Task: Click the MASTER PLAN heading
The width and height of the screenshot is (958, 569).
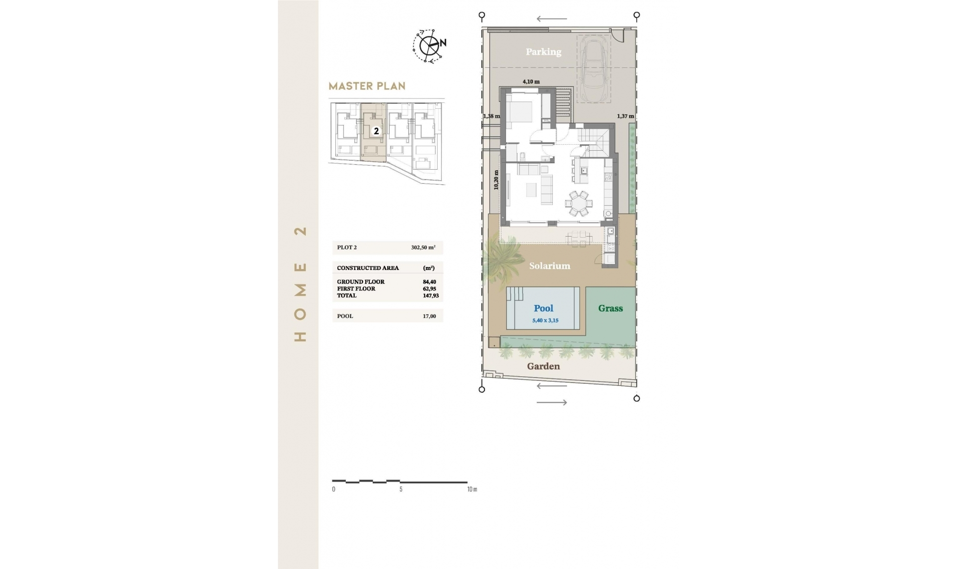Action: [x=367, y=86]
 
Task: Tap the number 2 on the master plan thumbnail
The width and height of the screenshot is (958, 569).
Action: [x=376, y=131]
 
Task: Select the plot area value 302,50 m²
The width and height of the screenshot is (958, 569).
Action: [x=423, y=248]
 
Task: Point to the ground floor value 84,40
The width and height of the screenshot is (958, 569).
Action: [x=429, y=282]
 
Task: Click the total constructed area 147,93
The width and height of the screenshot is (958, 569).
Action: [x=431, y=295]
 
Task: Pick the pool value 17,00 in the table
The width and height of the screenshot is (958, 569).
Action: [x=429, y=316]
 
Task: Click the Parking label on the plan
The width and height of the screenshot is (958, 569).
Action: [x=543, y=52]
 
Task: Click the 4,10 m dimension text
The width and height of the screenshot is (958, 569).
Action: [x=531, y=81]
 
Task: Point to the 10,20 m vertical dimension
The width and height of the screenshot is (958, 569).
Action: [x=496, y=180]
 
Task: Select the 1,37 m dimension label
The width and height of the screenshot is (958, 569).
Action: [x=625, y=116]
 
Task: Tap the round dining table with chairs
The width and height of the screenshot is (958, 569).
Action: [x=579, y=203]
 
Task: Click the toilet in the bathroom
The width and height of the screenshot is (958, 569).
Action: [x=522, y=156]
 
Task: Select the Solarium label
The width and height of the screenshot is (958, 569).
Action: [x=549, y=266]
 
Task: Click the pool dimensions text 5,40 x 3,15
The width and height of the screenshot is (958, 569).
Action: [x=545, y=320]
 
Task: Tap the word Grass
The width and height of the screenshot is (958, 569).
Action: [x=610, y=308]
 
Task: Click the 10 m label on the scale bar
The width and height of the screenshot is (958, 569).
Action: [x=472, y=489]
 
